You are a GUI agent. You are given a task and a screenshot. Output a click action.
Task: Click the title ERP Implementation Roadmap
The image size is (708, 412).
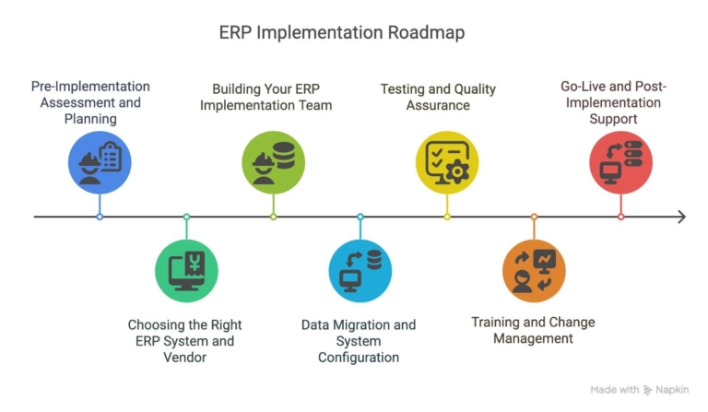[x=342, y=32]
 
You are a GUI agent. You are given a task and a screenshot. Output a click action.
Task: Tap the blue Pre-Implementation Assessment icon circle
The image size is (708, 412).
[x=100, y=162]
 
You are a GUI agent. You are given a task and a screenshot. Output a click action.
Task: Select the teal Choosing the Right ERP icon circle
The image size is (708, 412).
[x=186, y=271]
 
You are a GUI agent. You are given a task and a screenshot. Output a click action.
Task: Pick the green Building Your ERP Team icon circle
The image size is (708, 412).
[x=274, y=162]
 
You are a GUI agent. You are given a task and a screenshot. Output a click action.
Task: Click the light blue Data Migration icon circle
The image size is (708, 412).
[x=360, y=271]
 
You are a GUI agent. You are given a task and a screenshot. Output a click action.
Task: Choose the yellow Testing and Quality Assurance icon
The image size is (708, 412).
[x=447, y=162]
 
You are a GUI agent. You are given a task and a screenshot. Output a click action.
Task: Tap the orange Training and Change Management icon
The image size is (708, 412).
[x=534, y=271]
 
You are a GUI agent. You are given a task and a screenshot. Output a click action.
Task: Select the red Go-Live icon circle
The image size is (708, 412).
[x=620, y=162]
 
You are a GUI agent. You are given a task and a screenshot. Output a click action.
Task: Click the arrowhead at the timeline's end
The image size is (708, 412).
[x=681, y=217]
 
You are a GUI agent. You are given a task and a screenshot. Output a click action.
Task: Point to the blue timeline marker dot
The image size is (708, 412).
[x=100, y=217]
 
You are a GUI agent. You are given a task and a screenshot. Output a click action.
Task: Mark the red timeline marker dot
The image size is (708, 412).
[x=620, y=217]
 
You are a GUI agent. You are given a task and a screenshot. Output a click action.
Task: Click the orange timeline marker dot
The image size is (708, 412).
[x=534, y=217]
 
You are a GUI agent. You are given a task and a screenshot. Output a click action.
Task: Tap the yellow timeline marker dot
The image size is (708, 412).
[x=447, y=217]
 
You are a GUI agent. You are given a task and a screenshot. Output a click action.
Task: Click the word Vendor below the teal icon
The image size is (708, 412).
[x=184, y=358]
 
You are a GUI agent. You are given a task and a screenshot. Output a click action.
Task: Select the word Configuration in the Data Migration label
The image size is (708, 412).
[x=359, y=358]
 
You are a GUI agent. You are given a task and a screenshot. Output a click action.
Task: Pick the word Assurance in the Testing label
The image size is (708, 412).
[x=439, y=105]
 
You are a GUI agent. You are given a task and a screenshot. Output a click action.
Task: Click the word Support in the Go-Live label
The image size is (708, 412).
[x=614, y=119]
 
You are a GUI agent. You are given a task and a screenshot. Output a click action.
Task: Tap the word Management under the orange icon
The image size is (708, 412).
[x=533, y=338]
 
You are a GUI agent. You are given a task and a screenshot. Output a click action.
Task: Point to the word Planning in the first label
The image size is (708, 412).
[x=90, y=119]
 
